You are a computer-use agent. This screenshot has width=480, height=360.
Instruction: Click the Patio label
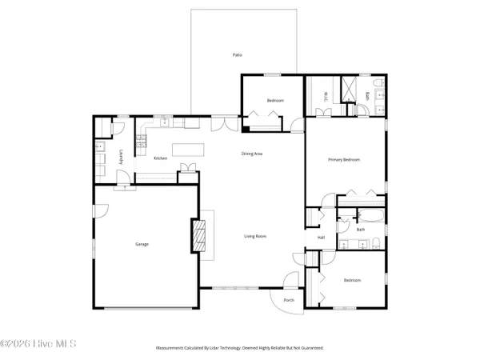pos(237,55)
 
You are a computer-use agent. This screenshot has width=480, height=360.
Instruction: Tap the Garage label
pos(142,244)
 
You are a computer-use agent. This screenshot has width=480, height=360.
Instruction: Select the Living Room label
pos(255,236)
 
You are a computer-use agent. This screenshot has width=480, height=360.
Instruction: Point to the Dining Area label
pos(253,154)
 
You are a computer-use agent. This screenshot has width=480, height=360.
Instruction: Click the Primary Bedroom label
pos(344,160)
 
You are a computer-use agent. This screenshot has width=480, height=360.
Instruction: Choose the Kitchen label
pos(161,158)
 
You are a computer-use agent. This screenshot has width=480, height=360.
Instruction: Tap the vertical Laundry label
pos(121,156)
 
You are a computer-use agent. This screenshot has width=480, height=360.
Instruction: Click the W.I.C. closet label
pos(326,95)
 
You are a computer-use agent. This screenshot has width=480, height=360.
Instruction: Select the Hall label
pos(321,238)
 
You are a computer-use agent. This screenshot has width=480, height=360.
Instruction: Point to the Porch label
pos(289,302)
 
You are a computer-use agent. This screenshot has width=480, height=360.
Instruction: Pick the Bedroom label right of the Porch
pos(352,281)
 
